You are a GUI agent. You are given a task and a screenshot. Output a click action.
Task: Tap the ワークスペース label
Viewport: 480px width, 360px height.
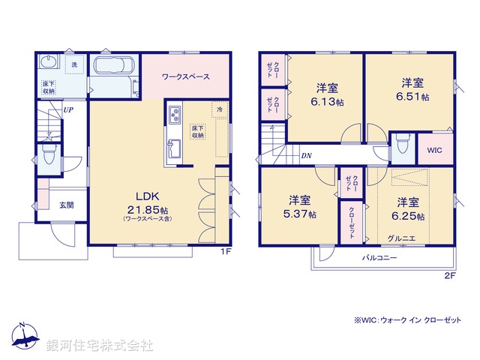tap(184, 77)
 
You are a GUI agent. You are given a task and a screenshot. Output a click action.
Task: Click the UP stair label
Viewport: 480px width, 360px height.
tap(67, 109)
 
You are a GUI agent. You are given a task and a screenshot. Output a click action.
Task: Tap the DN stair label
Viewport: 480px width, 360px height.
tap(307, 156)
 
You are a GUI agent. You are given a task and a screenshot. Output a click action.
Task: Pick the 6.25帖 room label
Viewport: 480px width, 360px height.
tap(407, 208)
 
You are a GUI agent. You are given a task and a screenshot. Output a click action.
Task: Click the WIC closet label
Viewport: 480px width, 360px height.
tap(435, 150)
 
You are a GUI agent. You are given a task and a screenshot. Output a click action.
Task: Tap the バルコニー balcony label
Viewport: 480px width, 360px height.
tap(379, 257)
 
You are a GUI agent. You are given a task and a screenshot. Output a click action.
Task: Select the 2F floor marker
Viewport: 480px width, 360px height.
tap(450, 275)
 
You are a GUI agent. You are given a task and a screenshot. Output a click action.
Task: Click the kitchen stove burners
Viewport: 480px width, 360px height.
tap(173, 115)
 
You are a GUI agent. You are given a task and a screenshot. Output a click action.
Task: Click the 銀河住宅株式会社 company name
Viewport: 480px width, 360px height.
tap(99, 346)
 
